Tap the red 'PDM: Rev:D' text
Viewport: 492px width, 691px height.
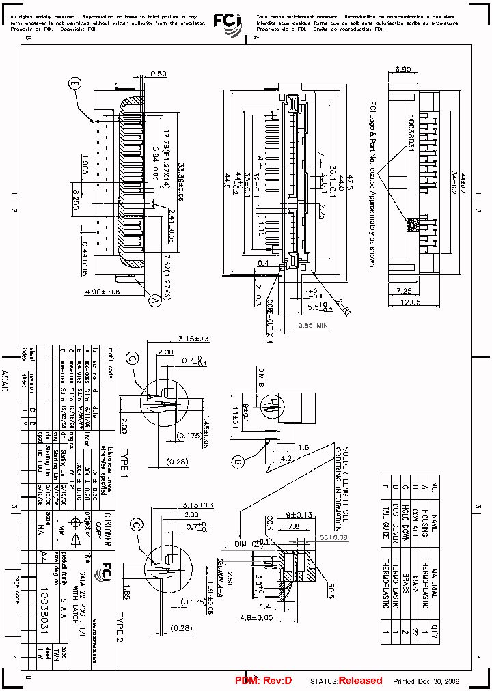click(x=263, y=681)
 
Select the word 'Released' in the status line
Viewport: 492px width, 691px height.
click(x=360, y=681)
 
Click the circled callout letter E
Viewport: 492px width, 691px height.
click(x=74, y=84)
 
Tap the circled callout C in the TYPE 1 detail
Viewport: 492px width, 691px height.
click(x=133, y=358)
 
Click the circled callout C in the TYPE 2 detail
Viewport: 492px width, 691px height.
click(x=137, y=524)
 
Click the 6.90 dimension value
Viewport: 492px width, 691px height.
click(x=404, y=70)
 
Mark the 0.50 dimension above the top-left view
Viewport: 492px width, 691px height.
click(x=158, y=73)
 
